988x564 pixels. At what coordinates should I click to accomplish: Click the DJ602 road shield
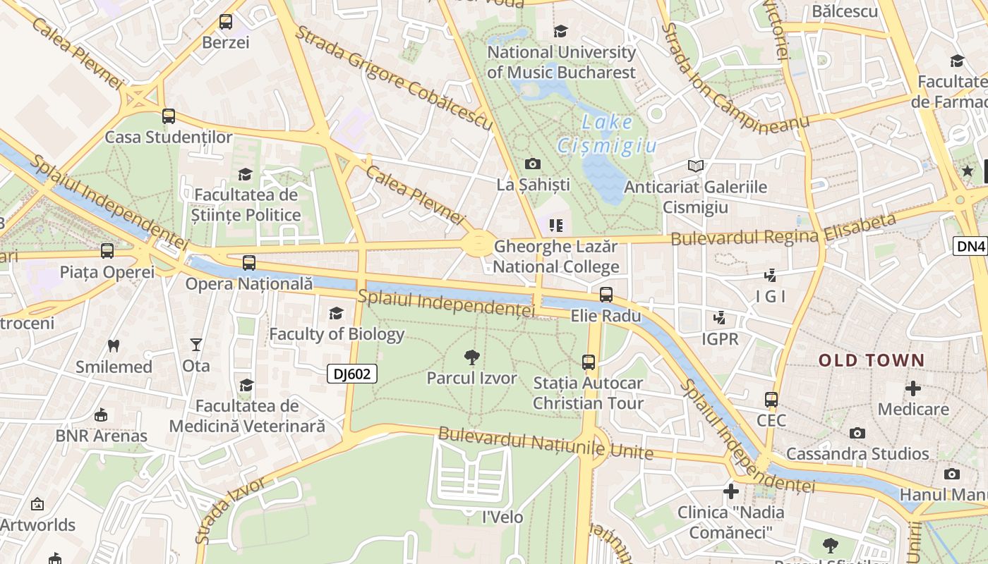click(x=351, y=374)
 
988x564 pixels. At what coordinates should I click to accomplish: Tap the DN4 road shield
click(x=971, y=245)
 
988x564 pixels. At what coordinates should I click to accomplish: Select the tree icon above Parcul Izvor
click(x=472, y=357)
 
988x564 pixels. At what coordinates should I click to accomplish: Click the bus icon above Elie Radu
click(x=606, y=295)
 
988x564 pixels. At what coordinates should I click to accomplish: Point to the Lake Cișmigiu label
click(x=607, y=134)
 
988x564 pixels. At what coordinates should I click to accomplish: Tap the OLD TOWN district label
click(x=871, y=361)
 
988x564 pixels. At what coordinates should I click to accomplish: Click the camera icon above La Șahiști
click(x=533, y=164)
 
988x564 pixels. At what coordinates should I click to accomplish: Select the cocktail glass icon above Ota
click(x=196, y=345)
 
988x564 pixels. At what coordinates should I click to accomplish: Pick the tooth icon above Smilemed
click(x=113, y=345)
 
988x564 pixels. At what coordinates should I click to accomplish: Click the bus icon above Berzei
click(x=226, y=22)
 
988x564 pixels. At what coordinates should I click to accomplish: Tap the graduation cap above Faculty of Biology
click(x=337, y=313)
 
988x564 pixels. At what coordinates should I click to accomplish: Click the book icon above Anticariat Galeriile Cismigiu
click(x=696, y=166)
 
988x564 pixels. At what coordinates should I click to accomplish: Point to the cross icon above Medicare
click(x=913, y=388)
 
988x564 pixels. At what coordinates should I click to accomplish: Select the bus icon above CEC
click(x=771, y=400)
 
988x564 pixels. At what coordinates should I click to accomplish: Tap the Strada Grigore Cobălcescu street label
click(x=393, y=78)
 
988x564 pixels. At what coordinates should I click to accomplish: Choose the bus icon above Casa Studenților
click(x=169, y=116)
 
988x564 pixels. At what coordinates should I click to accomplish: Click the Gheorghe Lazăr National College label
click(x=556, y=257)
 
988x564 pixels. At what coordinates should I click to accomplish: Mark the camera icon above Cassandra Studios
click(x=857, y=433)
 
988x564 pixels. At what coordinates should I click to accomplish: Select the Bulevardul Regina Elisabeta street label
click(x=783, y=230)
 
